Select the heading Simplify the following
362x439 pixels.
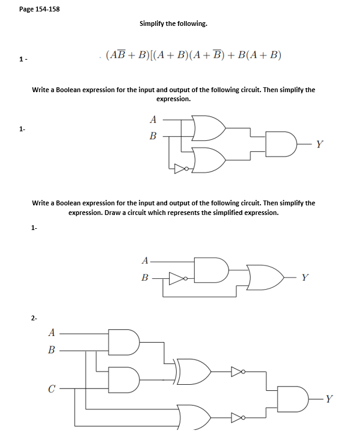click(x=173, y=23)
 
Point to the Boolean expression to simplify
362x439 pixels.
click(x=193, y=56)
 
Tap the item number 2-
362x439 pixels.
click(x=34, y=317)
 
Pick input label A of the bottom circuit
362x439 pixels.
click(x=52, y=331)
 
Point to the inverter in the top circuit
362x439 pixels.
click(x=181, y=168)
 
